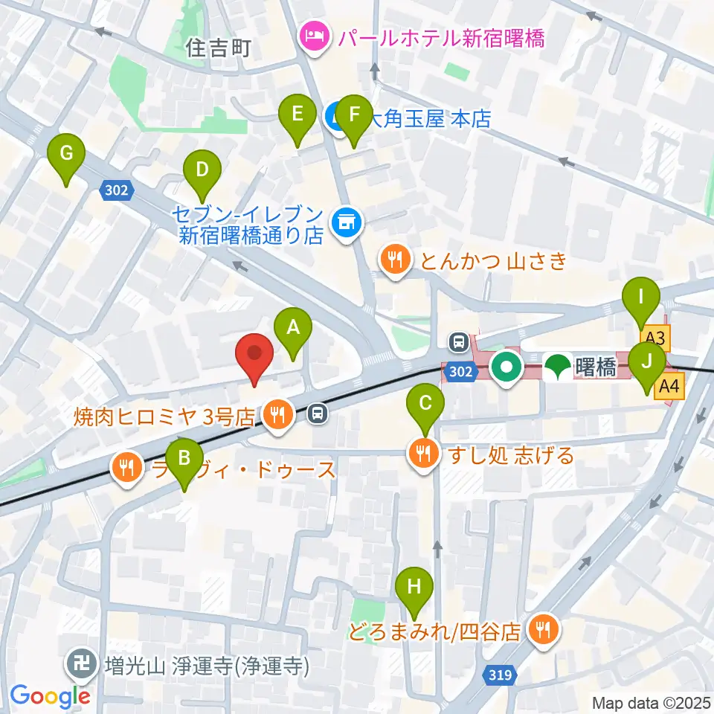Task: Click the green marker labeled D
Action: [x=202, y=170]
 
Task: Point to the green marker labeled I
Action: [x=641, y=297]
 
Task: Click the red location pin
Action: [x=254, y=356]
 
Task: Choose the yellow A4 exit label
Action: [x=670, y=386]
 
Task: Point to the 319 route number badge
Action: [x=501, y=675]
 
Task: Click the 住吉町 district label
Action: [x=219, y=49]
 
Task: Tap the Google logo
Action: [x=50, y=695]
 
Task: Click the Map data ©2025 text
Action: [x=652, y=702]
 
